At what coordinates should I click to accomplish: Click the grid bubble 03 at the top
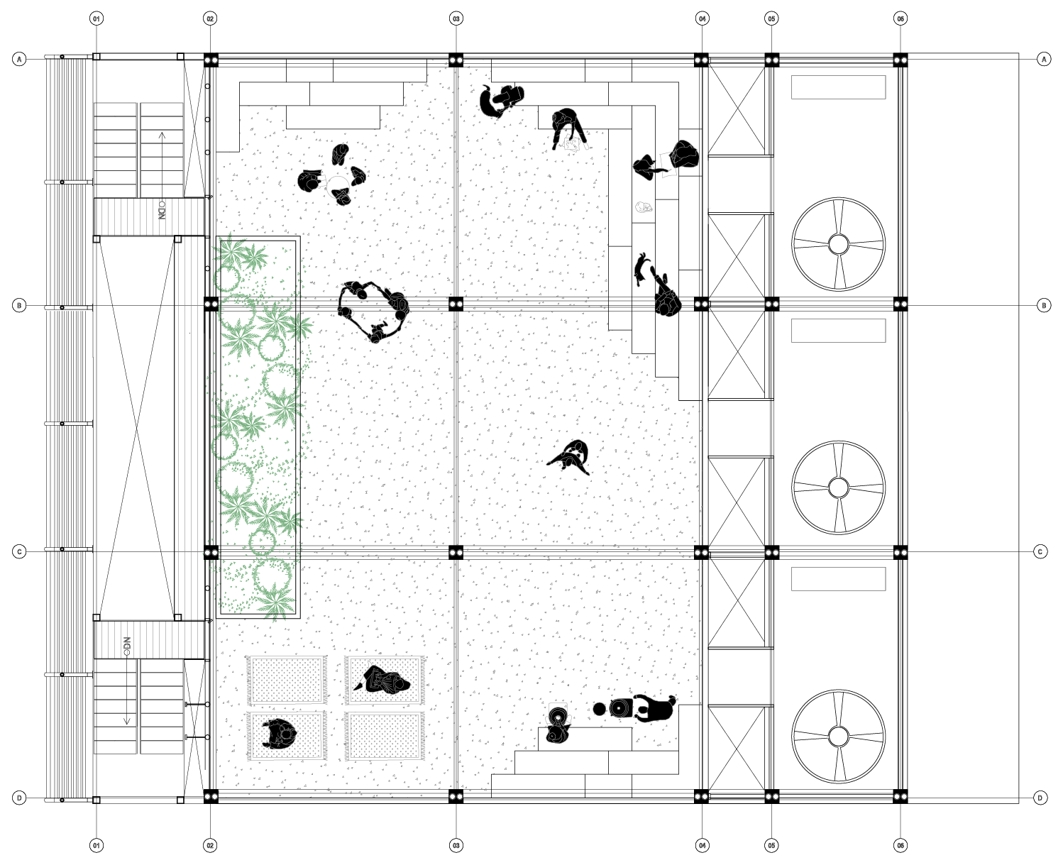456,18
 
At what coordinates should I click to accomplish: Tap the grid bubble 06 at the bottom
900,845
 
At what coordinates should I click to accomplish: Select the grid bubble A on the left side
19,60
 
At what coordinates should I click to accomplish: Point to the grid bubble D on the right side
1040,798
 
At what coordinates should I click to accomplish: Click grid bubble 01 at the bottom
97,845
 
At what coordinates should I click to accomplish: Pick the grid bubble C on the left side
19,551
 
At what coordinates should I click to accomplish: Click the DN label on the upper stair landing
162,211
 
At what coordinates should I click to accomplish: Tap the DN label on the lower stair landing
128,646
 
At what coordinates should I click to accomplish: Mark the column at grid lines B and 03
456,304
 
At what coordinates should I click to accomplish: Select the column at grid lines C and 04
701,552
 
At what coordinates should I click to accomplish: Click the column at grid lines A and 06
900,60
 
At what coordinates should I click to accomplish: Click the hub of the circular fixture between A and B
838,244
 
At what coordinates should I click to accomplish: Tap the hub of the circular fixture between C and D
838,737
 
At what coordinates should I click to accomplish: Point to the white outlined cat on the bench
644,208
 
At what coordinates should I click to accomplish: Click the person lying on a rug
383,681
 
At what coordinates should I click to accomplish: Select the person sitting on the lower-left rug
279,734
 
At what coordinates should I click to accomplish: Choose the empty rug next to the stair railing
286,680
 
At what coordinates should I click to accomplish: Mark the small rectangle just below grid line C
838,578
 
